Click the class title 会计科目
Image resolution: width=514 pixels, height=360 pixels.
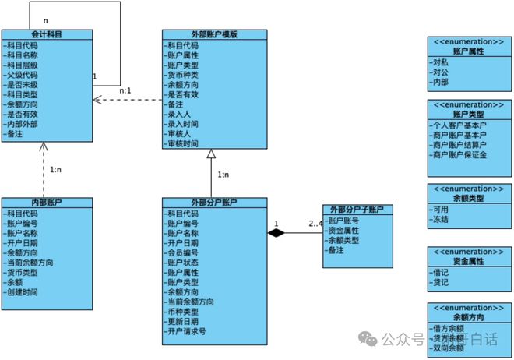pyautogui.click(x=47, y=34)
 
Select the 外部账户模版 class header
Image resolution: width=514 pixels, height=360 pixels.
pyautogui.click(x=214, y=34)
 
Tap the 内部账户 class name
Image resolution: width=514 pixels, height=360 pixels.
pyautogui.click(x=47, y=203)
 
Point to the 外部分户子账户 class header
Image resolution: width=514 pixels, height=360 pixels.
pyautogui.click(x=358, y=210)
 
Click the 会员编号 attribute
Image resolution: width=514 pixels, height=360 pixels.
pyautogui.click(x=182, y=252)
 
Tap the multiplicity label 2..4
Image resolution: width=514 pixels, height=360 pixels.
pyautogui.click(x=315, y=224)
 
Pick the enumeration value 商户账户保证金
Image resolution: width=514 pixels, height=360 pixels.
pyautogui.click(x=459, y=154)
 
